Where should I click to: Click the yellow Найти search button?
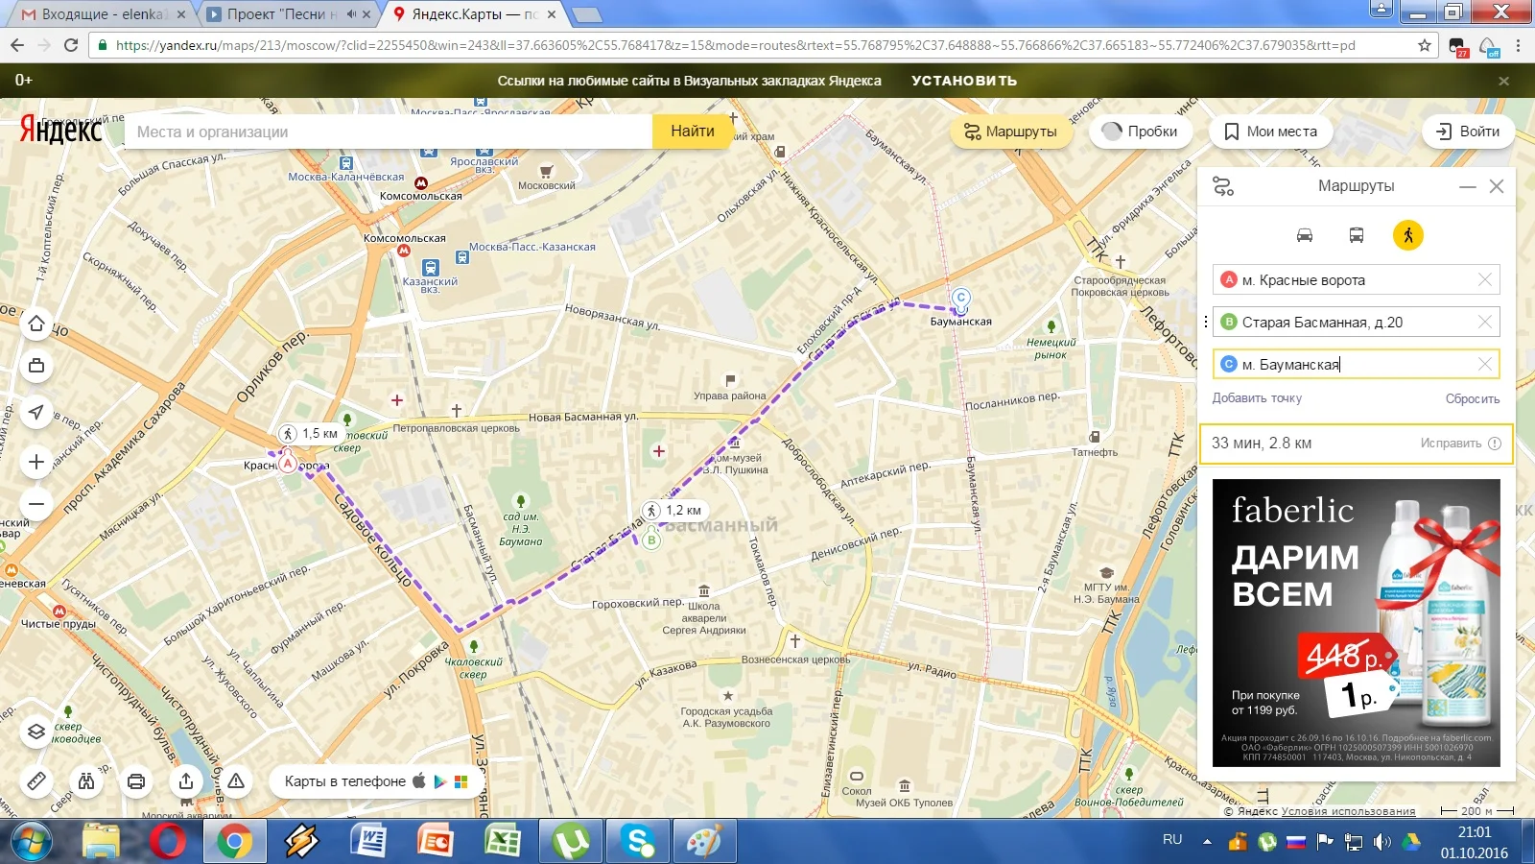point(692,132)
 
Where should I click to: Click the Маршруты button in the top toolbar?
point(1010,132)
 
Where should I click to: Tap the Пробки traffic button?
point(1140,132)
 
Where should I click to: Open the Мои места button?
point(1270,132)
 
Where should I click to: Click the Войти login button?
point(1468,132)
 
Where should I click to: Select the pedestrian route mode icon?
point(1407,235)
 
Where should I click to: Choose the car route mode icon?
point(1305,235)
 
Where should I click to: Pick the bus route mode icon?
point(1357,235)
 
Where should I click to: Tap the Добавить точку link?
point(1257,398)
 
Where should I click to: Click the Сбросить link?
point(1472,398)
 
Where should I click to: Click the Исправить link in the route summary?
point(1451,444)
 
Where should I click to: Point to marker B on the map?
point(651,540)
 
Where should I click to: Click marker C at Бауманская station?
point(960,299)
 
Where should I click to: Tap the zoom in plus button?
point(36,462)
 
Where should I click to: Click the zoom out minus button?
point(36,503)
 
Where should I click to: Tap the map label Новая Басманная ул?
point(582,417)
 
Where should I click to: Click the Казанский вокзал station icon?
point(431,268)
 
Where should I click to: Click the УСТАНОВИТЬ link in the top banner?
point(964,81)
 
